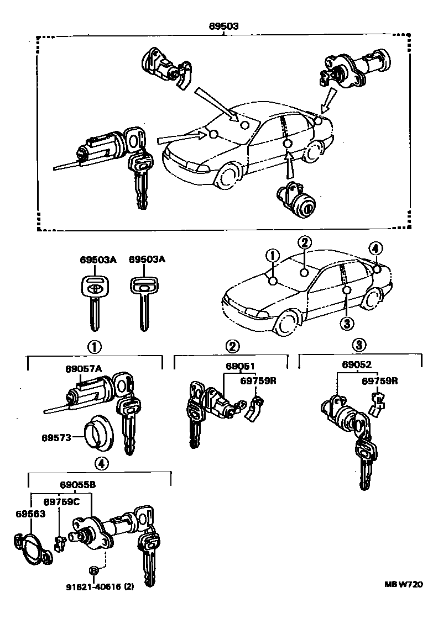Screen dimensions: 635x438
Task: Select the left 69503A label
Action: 95,260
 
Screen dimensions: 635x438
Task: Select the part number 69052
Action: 357,365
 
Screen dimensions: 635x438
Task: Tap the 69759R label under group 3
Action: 380,380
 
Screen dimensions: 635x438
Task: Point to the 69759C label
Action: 61,501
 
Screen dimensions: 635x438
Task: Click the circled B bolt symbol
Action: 95,570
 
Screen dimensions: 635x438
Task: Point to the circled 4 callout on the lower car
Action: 374,249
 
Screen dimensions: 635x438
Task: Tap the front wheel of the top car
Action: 226,176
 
